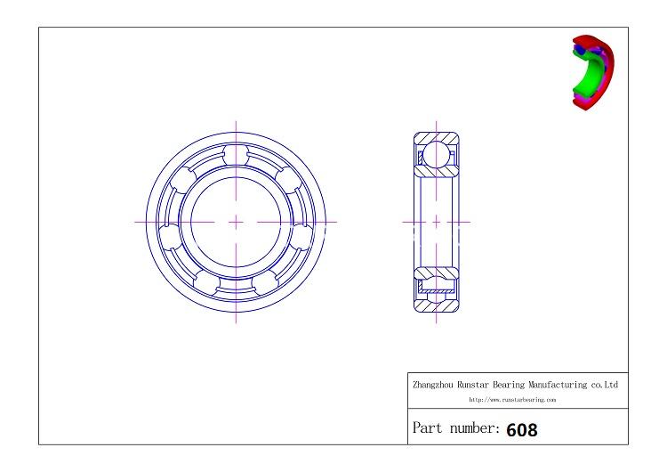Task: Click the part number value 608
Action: pyautogui.click(x=522, y=429)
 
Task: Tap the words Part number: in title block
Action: pyautogui.click(x=455, y=428)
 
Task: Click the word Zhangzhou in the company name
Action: pyautogui.click(x=432, y=386)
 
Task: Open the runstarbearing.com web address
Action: pyautogui.click(x=512, y=400)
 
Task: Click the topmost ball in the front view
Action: pyautogui.click(x=236, y=153)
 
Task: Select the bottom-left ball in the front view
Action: pyautogui.click(x=206, y=283)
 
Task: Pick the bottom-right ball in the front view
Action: pyautogui.click(x=265, y=283)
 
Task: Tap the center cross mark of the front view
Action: pyautogui.click(x=236, y=221)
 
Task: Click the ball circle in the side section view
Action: pyautogui.click(x=436, y=153)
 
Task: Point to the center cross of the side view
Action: pyautogui.click(x=436, y=221)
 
